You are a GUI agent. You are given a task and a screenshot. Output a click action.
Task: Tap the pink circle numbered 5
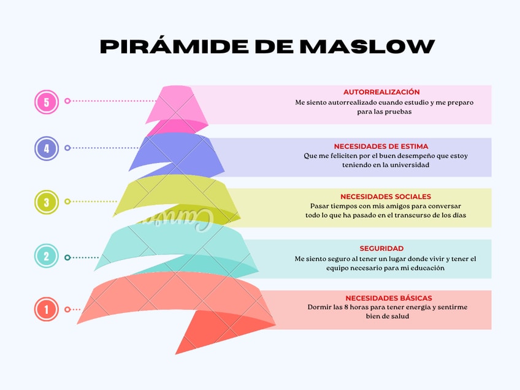[47, 102]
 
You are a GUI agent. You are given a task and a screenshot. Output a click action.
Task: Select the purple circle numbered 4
[47, 148]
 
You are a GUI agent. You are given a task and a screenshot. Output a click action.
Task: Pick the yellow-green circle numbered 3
[47, 202]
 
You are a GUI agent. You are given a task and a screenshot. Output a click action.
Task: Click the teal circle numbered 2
[47, 256]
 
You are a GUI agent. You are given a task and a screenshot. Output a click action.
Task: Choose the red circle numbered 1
[47, 309]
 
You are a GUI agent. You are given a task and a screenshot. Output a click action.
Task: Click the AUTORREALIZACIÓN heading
[381, 92]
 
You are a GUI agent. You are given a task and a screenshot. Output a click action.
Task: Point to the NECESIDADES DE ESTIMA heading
[381, 147]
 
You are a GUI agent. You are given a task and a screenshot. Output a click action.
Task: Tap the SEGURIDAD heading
[381, 248]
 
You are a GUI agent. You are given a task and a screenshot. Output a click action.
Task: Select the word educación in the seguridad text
[423, 268]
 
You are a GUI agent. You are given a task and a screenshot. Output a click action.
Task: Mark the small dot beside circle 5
[67, 101]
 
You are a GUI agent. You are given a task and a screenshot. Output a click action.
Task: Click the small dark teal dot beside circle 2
[67, 258]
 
